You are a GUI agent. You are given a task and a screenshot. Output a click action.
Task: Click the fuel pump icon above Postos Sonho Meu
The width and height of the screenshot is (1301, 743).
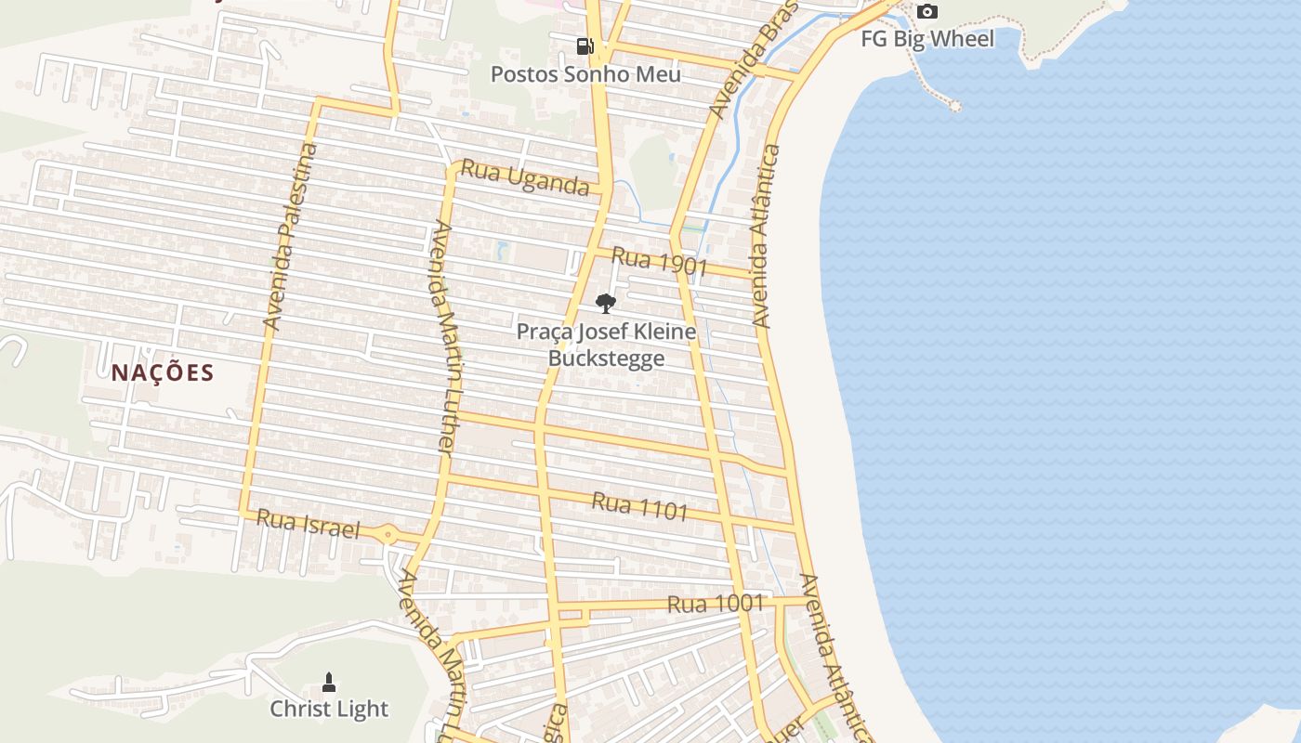pyautogui.click(x=585, y=46)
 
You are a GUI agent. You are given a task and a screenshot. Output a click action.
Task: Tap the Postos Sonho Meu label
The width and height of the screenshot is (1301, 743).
pyautogui.click(x=585, y=74)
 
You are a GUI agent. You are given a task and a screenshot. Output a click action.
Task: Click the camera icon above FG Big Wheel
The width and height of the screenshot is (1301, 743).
pyautogui.click(x=926, y=12)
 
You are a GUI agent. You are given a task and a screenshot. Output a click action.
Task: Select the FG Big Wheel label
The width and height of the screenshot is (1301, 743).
pyautogui.click(x=926, y=39)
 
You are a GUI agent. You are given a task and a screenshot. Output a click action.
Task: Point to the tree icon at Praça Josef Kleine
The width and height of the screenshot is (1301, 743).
pyautogui.click(x=605, y=303)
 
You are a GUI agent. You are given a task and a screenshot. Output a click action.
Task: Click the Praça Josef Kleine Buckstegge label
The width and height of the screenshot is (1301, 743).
pyautogui.click(x=606, y=345)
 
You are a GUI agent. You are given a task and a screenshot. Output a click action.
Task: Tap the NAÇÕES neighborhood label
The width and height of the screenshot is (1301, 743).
pyautogui.click(x=163, y=373)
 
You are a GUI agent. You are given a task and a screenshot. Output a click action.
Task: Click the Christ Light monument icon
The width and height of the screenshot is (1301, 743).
pyautogui.click(x=328, y=683)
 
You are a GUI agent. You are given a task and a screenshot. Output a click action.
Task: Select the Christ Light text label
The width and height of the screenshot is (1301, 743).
pyautogui.click(x=329, y=710)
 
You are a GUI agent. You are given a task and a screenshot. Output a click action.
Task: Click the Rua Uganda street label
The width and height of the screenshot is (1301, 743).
pyautogui.click(x=525, y=177)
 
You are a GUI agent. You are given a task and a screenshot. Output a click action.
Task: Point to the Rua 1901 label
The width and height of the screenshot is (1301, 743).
pyautogui.click(x=660, y=262)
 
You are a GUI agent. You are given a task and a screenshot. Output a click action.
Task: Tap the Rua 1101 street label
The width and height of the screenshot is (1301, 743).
pyautogui.click(x=640, y=506)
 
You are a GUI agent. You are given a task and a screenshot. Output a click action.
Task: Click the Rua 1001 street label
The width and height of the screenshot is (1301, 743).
pyautogui.click(x=716, y=604)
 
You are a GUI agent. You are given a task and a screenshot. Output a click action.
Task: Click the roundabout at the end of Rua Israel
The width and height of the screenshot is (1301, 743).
pyautogui.click(x=388, y=535)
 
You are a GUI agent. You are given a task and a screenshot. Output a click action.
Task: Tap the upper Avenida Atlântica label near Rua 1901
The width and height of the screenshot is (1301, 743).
pyautogui.click(x=766, y=237)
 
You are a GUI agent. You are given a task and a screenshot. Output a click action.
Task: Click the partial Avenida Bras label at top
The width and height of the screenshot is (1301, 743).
pyautogui.click(x=752, y=60)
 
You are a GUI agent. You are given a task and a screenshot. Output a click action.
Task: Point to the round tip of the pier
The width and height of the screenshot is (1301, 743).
pyautogui.click(x=954, y=106)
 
